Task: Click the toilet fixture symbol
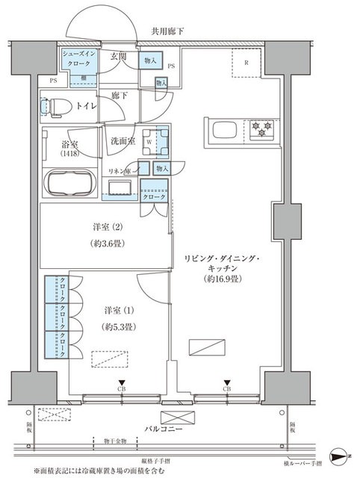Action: coord(55,107)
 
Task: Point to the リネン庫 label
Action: coord(120,171)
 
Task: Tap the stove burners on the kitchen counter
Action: coord(261,128)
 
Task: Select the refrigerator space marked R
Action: coord(245,62)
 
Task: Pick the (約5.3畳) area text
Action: coord(120,326)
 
